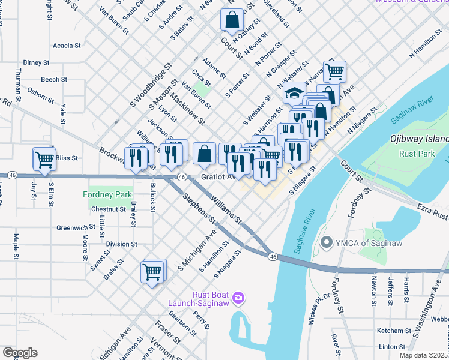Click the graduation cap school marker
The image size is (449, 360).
click(x=294, y=94)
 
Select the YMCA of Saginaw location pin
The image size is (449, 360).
click(x=327, y=242)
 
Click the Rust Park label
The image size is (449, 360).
click(x=416, y=154)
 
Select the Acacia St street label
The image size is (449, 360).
click(x=67, y=45)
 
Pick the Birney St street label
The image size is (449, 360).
click(x=36, y=62)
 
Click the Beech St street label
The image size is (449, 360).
click(x=54, y=79)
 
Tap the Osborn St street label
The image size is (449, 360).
click(x=41, y=95)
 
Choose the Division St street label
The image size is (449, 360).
click(x=122, y=244)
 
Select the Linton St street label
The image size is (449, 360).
click(x=392, y=346)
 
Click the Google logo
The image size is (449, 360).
click(x=20, y=353)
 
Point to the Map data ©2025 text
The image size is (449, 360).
click(x=423, y=355)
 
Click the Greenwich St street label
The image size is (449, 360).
click(x=76, y=227)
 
